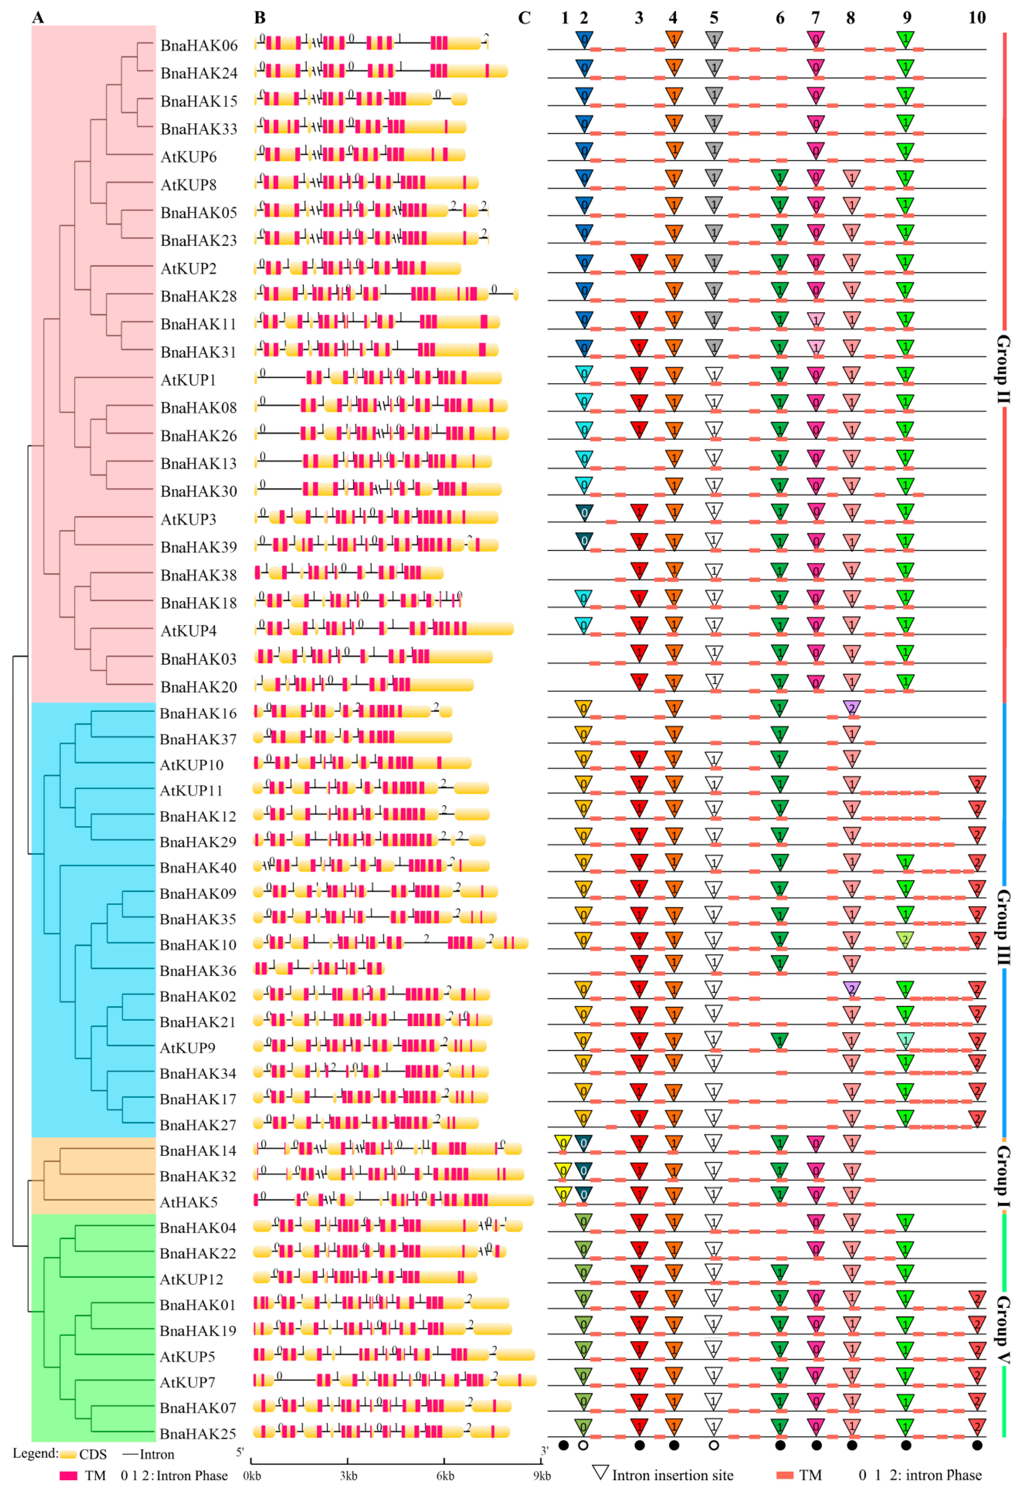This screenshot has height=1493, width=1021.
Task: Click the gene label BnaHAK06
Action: tap(198, 46)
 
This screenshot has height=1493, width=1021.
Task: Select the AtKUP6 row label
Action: tap(189, 157)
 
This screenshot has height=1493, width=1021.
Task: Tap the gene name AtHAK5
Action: tap(189, 1201)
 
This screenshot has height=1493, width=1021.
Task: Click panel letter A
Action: tap(38, 17)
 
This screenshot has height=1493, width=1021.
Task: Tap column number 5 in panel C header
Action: tap(714, 17)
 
